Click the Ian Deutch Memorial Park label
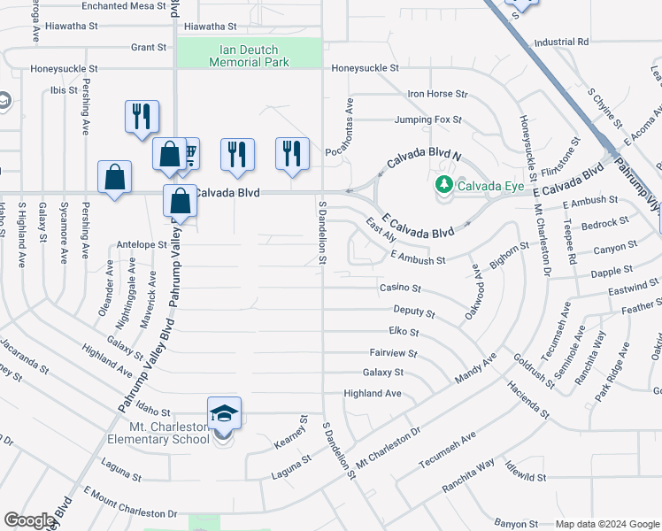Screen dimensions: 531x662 [x=249, y=56]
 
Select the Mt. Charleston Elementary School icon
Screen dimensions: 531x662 [x=224, y=413]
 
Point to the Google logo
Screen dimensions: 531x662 [x=29, y=520]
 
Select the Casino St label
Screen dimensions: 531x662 [x=400, y=289]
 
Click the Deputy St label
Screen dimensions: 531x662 [x=414, y=312]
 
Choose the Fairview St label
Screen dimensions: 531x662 [x=393, y=352]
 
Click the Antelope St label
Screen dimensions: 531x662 [x=142, y=244]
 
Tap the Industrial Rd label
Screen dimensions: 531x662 [x=561, y=42]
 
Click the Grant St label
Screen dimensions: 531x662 [x=149, y=47]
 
